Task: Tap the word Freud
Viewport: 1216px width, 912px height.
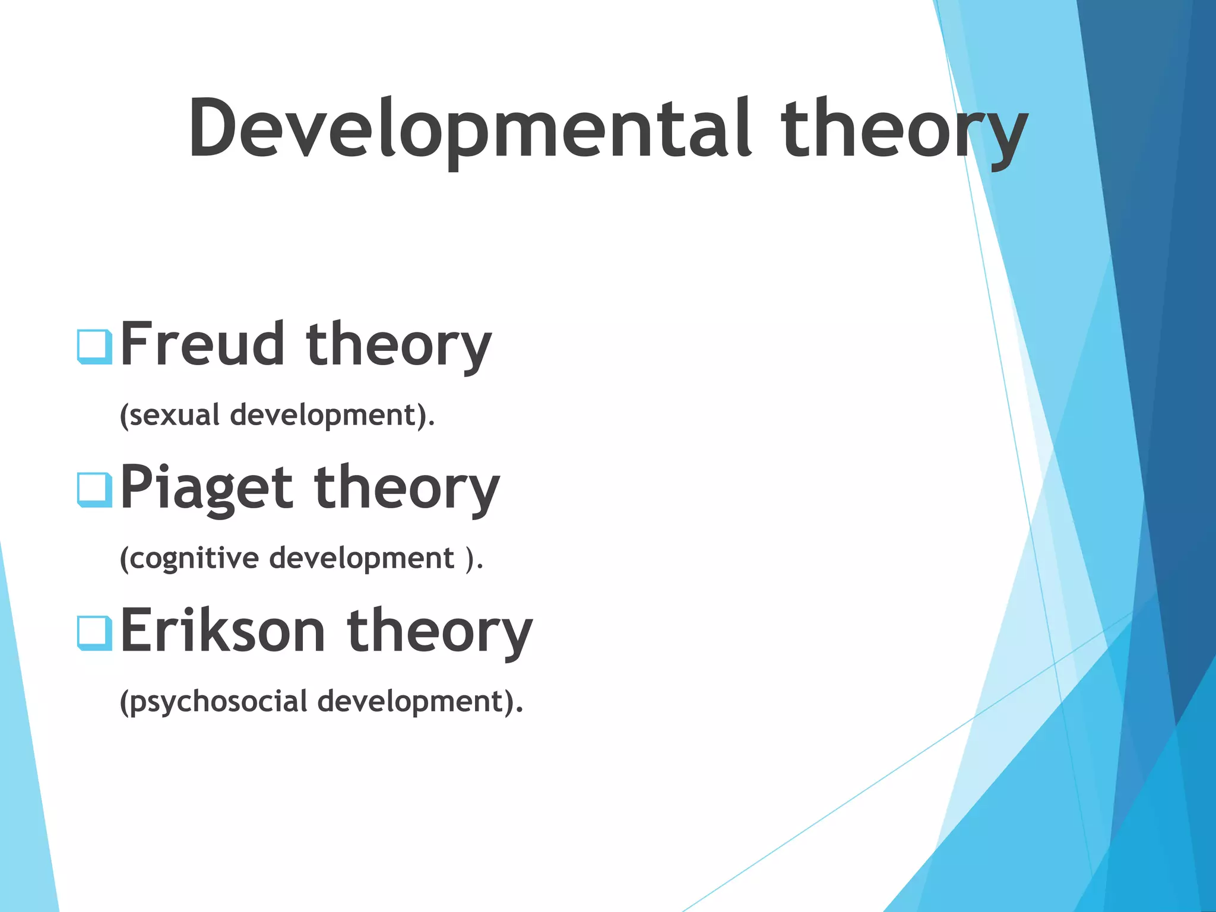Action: click(202, 344)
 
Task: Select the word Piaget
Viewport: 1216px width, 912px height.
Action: click(207, 488)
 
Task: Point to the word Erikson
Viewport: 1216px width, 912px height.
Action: click(223, 631)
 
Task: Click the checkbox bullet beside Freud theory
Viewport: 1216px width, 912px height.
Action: click(94, 346)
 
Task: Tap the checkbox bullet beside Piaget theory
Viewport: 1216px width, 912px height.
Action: click(94, 490)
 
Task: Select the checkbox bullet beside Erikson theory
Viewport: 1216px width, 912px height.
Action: click(94, 633)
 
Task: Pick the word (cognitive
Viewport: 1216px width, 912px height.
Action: click(189, 558)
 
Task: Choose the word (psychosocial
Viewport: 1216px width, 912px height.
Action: click(213, 701)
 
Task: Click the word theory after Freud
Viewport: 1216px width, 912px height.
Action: click(398, 344)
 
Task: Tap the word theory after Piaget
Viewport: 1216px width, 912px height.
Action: click(407, 488)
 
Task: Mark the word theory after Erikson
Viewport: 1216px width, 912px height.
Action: click(440, 631)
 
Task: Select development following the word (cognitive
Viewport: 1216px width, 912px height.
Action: click(362, 558)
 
